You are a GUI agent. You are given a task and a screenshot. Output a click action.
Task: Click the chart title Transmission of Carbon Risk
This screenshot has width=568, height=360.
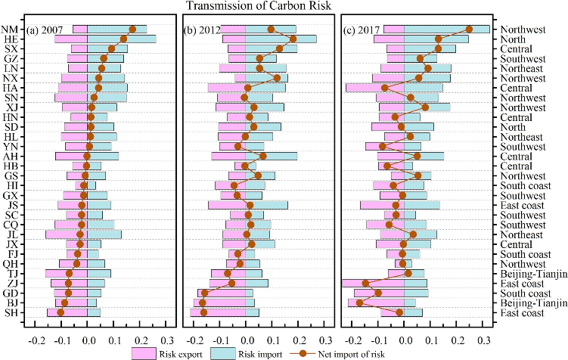point(283,7)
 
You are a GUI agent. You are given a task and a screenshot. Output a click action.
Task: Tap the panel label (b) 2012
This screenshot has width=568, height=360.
point(206,30)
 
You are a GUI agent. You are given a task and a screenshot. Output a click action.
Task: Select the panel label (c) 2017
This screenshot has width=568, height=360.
point(365,30)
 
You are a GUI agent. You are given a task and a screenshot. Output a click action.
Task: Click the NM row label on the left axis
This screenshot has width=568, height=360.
point(11,29)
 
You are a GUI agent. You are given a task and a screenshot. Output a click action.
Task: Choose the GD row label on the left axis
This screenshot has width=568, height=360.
point(11,293)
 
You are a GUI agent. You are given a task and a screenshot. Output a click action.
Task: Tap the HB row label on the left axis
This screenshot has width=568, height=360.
point(11,166)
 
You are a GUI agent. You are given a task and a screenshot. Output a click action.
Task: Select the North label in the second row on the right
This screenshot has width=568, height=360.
point(514,39)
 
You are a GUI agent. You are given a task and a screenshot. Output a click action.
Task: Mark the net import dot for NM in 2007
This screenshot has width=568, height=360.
point(132,29)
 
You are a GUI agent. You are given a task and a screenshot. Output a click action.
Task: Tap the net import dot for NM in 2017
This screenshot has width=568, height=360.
point(469,29)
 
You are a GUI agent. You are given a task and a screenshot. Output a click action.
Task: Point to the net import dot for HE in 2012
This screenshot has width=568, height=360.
point(293,39)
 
